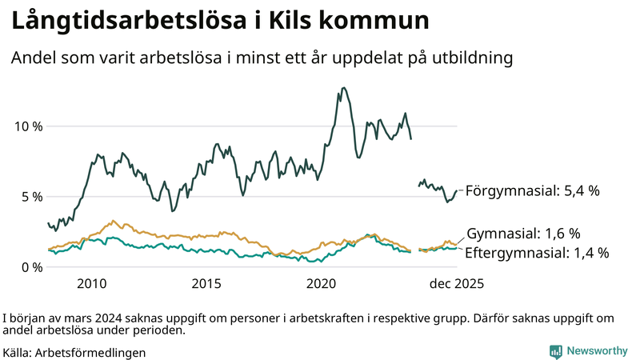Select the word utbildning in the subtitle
pyautogui.click(x=469, y=58)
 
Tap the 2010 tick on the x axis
pyautogui.click(x=91, y=283)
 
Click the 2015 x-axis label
pyautogui.click(x=206, y=283)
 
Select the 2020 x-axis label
pyautogui.click(x=322, y=283)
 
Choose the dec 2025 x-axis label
pyautogui.click(x=456, y=283)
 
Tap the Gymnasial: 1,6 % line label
pyautogui.click(x=523, y=234)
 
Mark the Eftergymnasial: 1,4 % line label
pyautogui.click(x=537, y=253)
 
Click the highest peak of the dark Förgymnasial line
pyautogui.click(x=344, y=88)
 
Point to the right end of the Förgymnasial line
pyautogui.click(x=457, y=191)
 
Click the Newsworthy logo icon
pyautogui.click(x=555, y=351)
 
